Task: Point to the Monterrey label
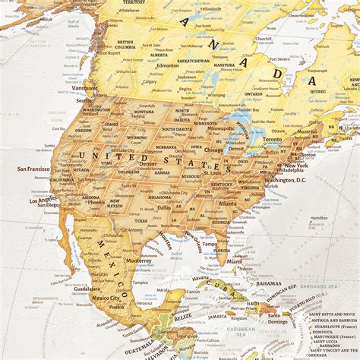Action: (139, 259)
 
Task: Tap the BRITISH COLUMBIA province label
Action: (125, 45)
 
